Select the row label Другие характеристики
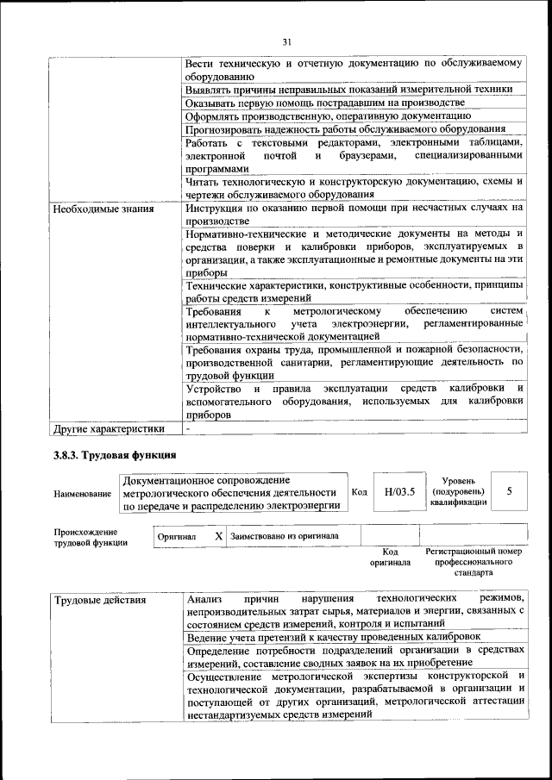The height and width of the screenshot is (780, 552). tap(108, 427)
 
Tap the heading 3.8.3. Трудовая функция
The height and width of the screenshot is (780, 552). tap(115, 454)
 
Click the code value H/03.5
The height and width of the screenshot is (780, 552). tap(400, 491)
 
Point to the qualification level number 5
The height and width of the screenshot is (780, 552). tap(510, 490)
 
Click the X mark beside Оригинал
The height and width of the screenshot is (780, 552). tap(218, 535)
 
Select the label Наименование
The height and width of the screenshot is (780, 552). tap(83, 494)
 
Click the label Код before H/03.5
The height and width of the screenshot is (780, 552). tap(361, 492)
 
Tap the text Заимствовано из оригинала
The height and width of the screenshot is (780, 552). tap(285, 535)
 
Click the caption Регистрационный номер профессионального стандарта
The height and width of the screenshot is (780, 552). tap(474, 560)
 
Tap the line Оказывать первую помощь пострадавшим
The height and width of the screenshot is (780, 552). tap(319, 102)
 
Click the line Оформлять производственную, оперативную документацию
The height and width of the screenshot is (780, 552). tap(328, 115)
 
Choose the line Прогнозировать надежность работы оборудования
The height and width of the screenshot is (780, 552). tap(345, 128)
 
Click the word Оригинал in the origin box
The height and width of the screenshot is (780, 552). tap(177, 536)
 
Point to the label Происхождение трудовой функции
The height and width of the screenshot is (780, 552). tap(91, 537)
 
